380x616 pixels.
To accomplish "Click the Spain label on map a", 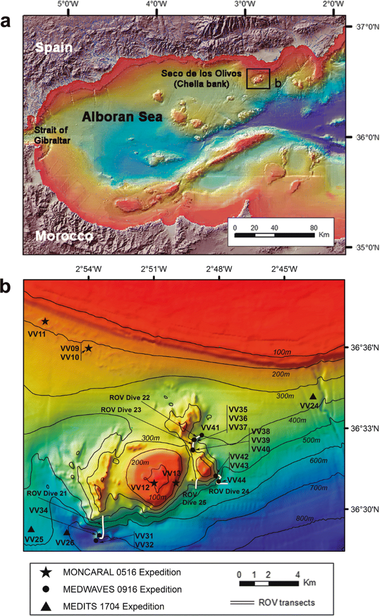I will tap(54, 48).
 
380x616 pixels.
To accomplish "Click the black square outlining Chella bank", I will tap(258, 79).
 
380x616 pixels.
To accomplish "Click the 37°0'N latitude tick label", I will tap(362, 27).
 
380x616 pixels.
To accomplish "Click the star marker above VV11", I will tap(45, 321).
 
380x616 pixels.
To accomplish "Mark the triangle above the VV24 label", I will tap(313, 397).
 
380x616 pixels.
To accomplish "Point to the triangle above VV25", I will tap(32, 529).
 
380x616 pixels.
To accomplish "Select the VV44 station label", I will tap(236, 480).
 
